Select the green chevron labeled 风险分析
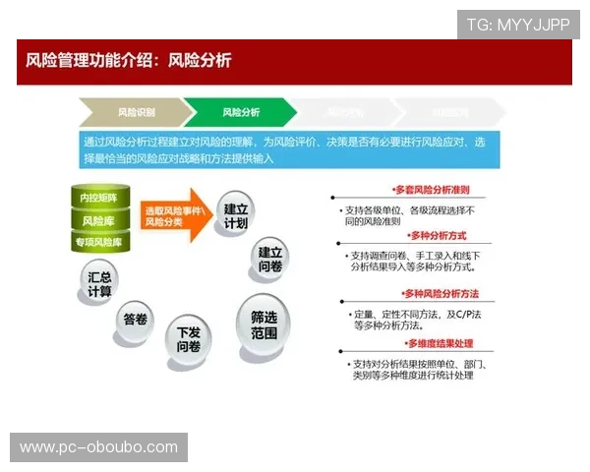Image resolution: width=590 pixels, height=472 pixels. [x=240, y=112]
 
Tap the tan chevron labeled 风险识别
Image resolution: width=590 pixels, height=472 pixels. [x=135, y=112]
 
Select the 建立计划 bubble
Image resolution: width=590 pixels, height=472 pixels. [x=236, y=215]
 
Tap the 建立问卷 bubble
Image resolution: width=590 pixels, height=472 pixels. [x=270, y=259]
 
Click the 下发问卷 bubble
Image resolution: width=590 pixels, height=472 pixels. [x=188, y=338]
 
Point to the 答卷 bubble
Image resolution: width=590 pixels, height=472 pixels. [x=135, y=319]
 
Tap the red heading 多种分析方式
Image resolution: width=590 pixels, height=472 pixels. [x=439, y=236]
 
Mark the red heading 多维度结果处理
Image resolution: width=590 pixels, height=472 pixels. [x=440, y=343]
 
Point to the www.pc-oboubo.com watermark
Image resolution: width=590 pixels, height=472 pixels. [x=98, y=447]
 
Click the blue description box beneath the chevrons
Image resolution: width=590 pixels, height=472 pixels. [x=289, y=149]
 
